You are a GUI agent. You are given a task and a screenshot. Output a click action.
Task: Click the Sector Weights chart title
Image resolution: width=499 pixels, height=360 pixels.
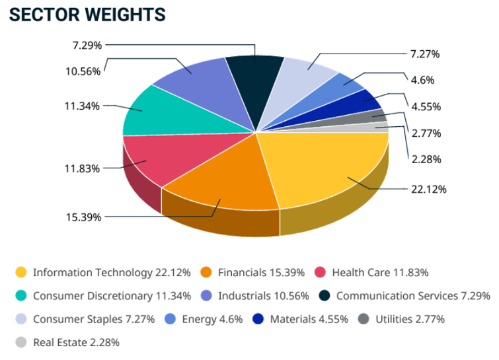[87, 15]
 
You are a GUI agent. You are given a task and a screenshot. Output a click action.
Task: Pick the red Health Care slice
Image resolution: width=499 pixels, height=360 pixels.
[159, 159]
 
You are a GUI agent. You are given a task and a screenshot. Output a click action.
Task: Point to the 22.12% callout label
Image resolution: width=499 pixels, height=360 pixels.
[428, 190]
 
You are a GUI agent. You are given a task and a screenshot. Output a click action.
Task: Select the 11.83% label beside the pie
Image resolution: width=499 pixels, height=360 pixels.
[82, 168]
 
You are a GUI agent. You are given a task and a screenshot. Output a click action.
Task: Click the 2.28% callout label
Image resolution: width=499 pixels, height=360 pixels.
[426, 159]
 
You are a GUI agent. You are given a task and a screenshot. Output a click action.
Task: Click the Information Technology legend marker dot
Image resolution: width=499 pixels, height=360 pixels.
[21, 272]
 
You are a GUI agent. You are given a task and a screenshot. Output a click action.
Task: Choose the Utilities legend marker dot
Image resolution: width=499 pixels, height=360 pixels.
[364, 319]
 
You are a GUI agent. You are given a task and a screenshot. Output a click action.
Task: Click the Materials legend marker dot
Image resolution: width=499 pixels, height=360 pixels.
[258, 319]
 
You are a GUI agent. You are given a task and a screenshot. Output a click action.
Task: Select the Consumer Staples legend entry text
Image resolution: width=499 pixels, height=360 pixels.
[94, 319]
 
